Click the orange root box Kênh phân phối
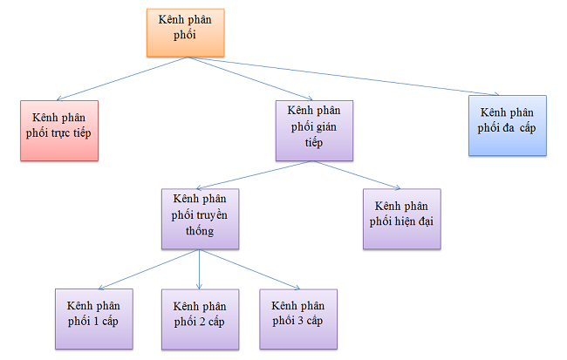[x=184, y=31]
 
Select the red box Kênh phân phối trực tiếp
[x=59, y=130]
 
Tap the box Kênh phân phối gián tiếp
[x=315, y=130]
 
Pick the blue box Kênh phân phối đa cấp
[x=507, y=126]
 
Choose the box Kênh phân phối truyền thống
[x=200, y=219]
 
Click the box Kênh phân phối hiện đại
[x=402, y=219]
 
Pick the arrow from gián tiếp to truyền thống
[x=252, y=173]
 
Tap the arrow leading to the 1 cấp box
[x=147, y=268]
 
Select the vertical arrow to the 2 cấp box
[x=200, y=269]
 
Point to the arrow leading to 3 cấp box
[x=249, y=268]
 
